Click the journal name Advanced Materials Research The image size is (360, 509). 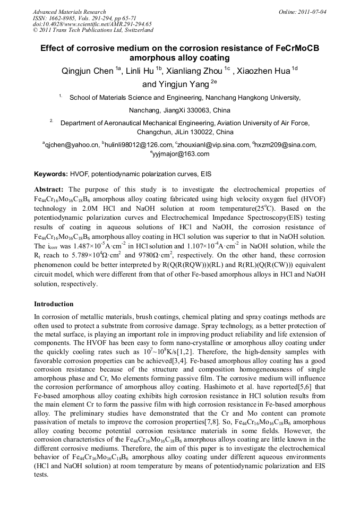pyautogui.click(x=69, y=12)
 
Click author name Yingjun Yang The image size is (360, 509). pyautogui.click(x=173, y=84)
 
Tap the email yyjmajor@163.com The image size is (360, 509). pyautogui.click(x=181, y=154)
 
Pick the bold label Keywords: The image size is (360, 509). pyautogui.click(x=51, y=174)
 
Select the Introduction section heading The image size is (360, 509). pyautogui.click(x=54, y=304)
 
